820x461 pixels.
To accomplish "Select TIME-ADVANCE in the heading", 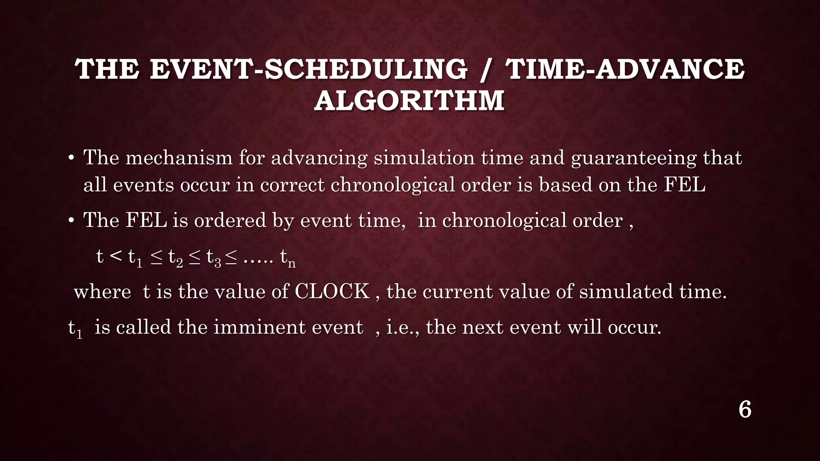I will tap(625, 69).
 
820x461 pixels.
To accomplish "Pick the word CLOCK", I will tap(332, 291).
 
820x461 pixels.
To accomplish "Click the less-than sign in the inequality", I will tap(115, 256).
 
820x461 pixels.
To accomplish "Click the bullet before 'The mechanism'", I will tap(71, 158).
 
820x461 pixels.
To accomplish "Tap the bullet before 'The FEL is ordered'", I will tap(71, 221).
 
